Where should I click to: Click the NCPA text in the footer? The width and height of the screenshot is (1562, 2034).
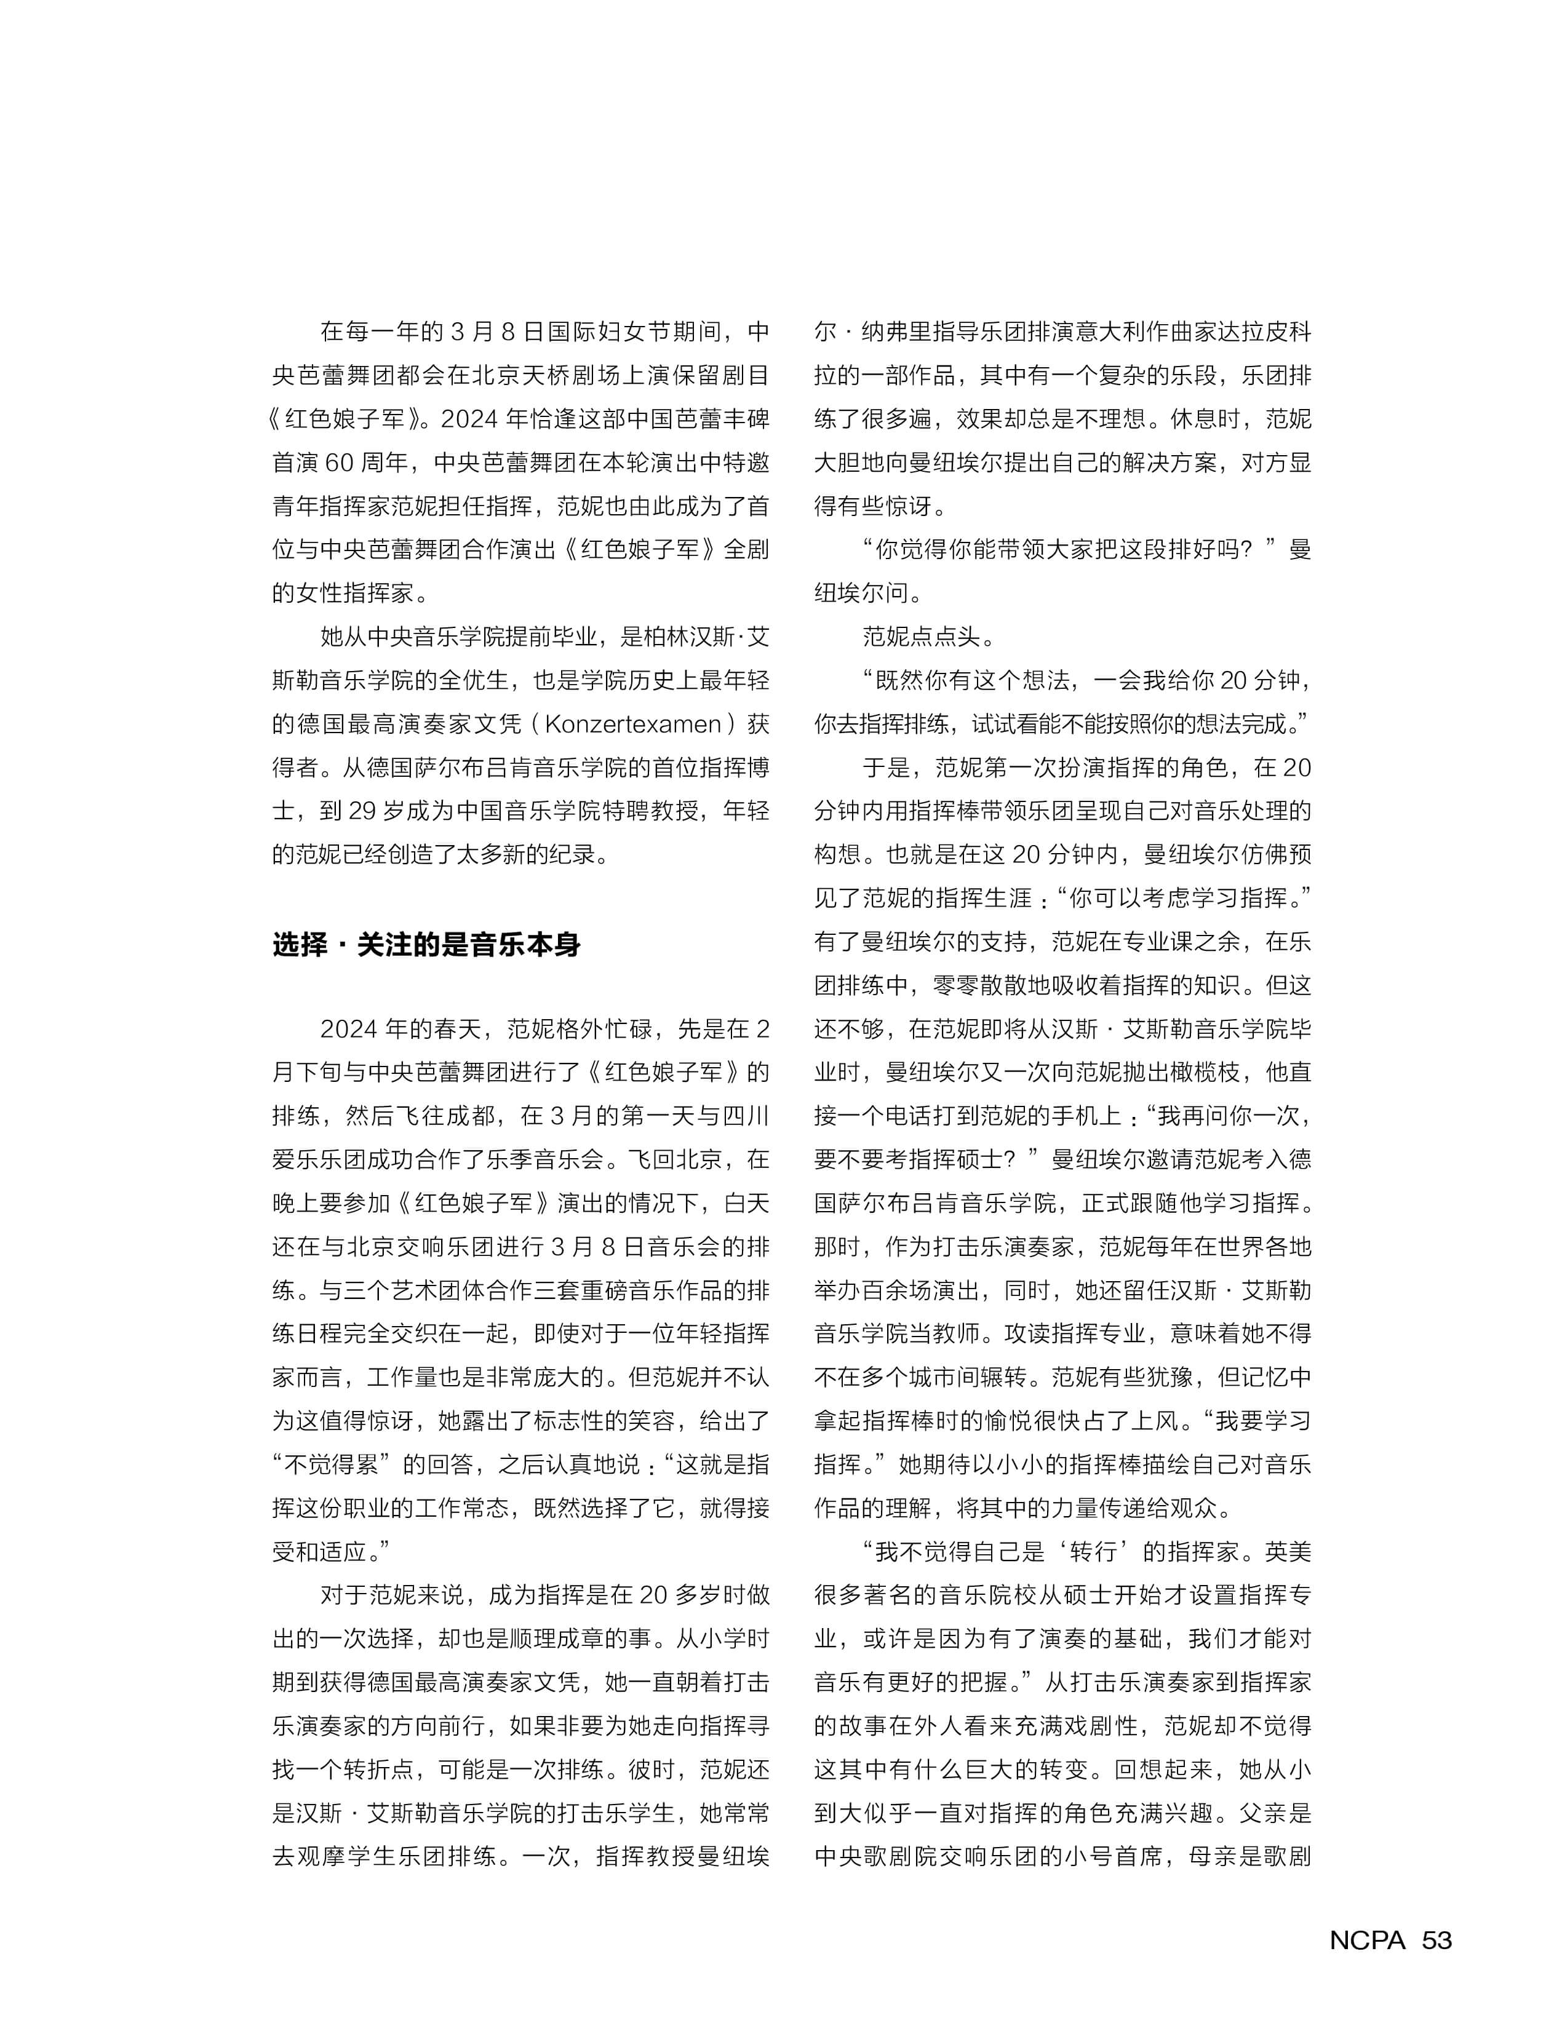click(x=1367, y=1940)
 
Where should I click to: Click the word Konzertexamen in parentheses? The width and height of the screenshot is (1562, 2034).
click(x=633, y=724)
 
